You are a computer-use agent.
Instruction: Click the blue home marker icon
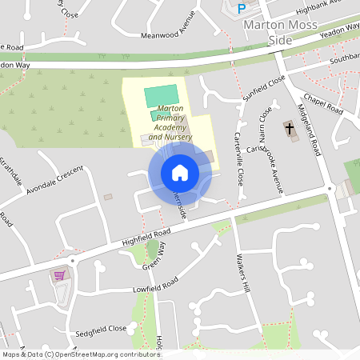(x=179, y=172)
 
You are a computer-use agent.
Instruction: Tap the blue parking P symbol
(x=242, y=9)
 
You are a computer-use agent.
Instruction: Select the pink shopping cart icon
(x=59, y=275)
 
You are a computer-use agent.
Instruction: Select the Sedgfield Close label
(x=102, y=329)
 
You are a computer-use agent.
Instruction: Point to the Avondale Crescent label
(x=54, y=182)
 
